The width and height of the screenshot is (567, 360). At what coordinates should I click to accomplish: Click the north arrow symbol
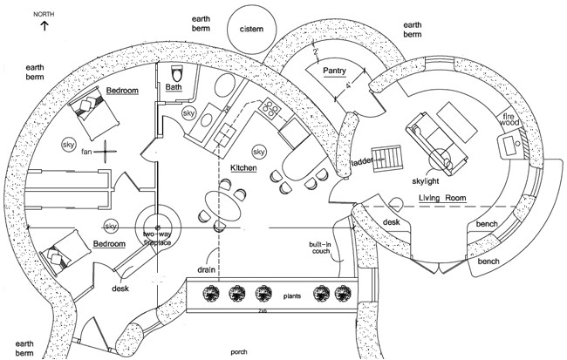44,27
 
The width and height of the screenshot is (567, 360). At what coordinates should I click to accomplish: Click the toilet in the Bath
175,73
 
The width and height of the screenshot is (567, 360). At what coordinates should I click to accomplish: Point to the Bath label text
173,87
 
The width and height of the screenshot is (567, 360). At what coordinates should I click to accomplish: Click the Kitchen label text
243,166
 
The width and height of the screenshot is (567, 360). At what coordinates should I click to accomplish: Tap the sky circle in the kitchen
258,151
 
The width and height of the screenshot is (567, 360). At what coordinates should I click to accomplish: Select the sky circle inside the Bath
188,113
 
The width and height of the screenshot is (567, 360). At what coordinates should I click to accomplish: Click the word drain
206,270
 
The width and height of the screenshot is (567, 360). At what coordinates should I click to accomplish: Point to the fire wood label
509,123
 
